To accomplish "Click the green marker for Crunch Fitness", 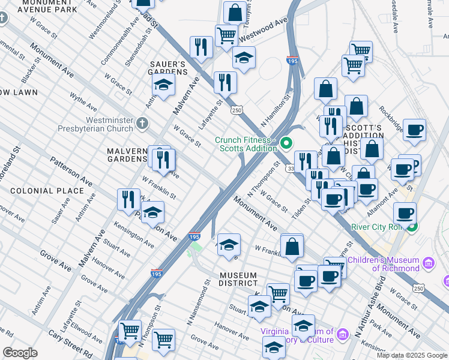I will tap(286, 143).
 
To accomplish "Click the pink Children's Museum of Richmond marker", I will tap(428, 263).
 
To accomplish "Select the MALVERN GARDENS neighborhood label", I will tap(127, 155).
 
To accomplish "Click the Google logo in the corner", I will tap(20, 353).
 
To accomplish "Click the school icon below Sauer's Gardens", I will tap(163, 86).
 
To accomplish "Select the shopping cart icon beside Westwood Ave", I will tap(226, 35).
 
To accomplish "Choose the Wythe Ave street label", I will tap(83, 101).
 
